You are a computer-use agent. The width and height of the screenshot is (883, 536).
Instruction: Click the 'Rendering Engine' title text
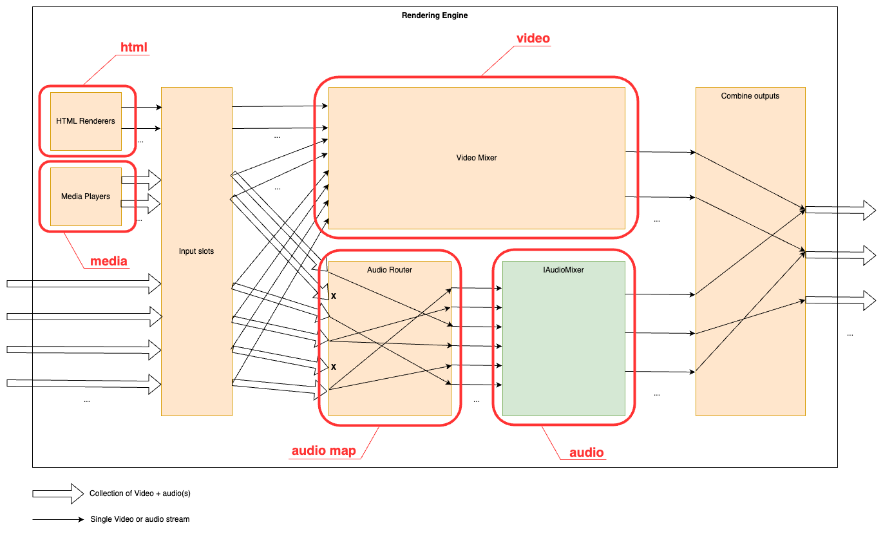[435, 15]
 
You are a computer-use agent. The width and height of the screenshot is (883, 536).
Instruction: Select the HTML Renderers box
[86, 121]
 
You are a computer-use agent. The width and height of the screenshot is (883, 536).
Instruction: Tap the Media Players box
[86, 196]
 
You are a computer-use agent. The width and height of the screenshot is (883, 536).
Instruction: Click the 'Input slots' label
[196, 251]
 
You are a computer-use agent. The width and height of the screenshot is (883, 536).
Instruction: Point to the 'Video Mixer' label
[477, 157]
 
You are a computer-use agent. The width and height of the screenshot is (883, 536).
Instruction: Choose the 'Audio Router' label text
[390, 270]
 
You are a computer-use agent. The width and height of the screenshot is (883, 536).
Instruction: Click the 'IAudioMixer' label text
[564, 270]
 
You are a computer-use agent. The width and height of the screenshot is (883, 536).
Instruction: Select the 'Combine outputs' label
[750, 96]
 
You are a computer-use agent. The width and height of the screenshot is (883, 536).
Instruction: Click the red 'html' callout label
[134, 47]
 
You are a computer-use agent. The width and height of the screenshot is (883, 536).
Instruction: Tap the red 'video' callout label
[533, 38]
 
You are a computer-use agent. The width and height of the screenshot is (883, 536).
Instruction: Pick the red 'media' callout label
[108, 261]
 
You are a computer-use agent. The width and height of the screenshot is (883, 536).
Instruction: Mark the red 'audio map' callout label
[323, 450]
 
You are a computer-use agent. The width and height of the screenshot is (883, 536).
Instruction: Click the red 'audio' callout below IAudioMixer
[587, 452]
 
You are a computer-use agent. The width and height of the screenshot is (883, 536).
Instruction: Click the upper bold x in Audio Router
[334, 296]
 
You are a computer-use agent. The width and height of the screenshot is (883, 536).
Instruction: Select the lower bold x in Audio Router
[334, 367]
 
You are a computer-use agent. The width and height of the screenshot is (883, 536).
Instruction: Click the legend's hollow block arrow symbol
[58, 493]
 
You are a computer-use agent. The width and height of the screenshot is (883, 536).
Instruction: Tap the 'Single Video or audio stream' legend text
[140, 519]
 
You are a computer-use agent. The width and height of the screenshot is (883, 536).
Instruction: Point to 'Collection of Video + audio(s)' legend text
[140, 493]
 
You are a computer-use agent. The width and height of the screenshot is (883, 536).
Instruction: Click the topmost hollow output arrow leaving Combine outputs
[840, 210]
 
